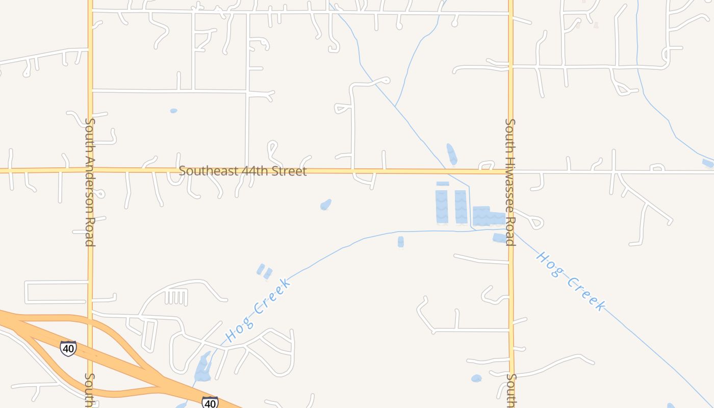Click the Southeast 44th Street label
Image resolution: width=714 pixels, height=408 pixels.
tap(243, 171)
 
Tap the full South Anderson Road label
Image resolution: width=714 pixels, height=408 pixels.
tap(90, 182)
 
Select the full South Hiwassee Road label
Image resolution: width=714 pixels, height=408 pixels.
tap(510, 182)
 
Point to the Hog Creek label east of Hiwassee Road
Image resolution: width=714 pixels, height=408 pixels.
tap(570, 281)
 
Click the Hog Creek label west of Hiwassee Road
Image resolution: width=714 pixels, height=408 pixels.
tap(258, 310)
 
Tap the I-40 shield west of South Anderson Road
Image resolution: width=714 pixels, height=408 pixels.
tap(68, 348)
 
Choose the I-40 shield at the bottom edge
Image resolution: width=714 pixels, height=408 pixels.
tap(210, 402)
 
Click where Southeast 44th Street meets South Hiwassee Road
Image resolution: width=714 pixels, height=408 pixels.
tap(510, 172)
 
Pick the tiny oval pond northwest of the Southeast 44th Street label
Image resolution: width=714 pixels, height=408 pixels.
tap(173, 111)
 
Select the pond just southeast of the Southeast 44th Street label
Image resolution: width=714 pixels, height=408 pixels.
tap(326, 205)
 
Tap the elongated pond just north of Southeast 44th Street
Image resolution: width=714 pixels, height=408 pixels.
tap(452, 154)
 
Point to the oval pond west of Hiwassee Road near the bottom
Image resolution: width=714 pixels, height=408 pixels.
tap(476, 378)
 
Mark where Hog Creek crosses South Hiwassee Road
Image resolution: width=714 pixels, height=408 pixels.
tap(511, 231)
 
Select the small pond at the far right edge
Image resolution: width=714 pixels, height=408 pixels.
tap(707, 163)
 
